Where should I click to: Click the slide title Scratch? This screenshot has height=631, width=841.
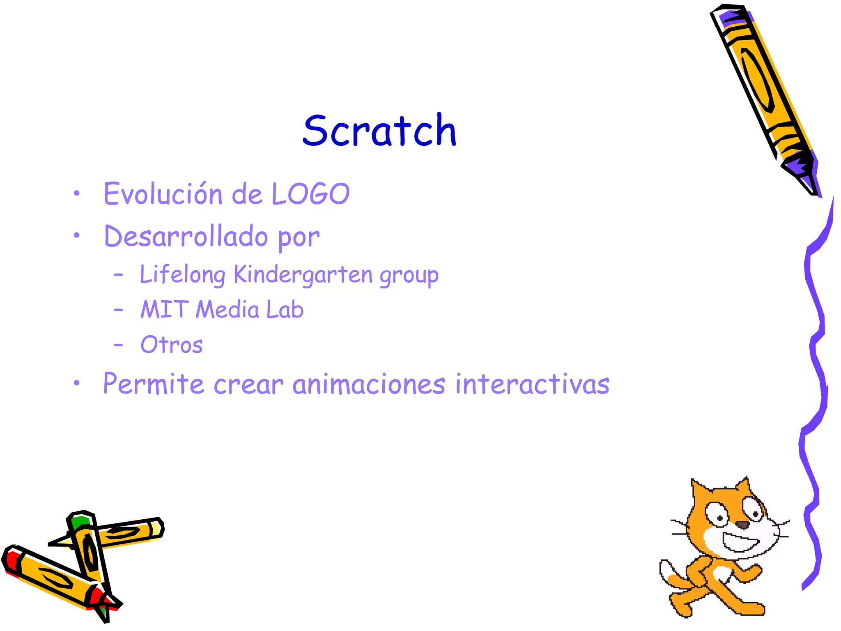(379, 131)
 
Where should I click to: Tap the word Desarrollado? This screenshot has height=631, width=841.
(186, 237)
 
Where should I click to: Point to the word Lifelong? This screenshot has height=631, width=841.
(182, 274)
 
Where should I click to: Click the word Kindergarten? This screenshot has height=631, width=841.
(303, 274)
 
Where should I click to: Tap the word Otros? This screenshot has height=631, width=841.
(171, 345)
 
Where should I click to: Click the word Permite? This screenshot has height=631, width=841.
(153, 384)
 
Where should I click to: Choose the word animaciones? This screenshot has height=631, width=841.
(368, 385)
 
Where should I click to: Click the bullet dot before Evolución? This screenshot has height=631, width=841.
(76, 193)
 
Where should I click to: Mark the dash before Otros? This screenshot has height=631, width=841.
(118, 345)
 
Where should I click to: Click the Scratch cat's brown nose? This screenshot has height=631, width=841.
(742, 525)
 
